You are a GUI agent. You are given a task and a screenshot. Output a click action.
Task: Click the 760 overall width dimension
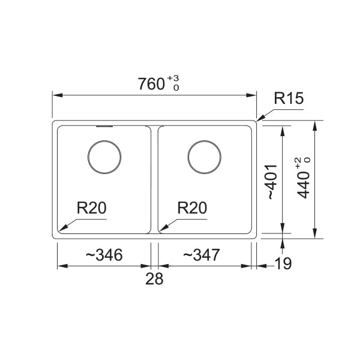click(x=151, y=84)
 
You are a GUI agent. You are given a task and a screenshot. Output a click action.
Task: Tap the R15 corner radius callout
click(x=289, y=98)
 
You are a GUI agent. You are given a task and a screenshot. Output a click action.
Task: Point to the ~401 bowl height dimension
click(x=273, y=182)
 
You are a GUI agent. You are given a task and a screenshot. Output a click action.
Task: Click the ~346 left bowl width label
click(x=104, y=255)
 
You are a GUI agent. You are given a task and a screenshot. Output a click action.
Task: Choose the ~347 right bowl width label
click(x=202, y=254)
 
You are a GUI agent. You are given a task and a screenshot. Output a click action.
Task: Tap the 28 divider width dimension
click(x=154, y=279)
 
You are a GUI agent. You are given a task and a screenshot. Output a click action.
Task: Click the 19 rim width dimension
click(x=283, y=263)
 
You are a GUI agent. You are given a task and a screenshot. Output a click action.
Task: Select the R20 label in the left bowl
click(x=91, y=208)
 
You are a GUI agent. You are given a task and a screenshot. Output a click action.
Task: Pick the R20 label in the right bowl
click(x=192, y=208)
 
